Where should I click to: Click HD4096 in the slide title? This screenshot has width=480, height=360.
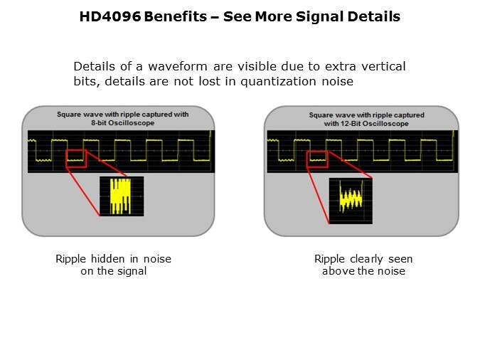[x=110, y=16]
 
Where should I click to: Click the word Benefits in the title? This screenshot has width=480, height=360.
[x=175, y=16]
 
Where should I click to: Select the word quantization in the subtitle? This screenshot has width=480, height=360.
[x=277, y=81]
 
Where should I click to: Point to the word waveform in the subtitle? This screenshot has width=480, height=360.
[x=178, y=66]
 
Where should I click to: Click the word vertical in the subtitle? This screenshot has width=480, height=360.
[x=383, y=66]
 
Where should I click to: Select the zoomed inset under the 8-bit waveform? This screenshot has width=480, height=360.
[x=122, y=196]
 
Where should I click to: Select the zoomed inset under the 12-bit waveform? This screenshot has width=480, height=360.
[x=351, y=201]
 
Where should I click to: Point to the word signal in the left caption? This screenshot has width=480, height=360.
[x=132, y=271]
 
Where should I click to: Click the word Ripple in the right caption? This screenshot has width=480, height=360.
[x=330, y=259]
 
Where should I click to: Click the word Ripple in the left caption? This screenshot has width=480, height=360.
[x=71, y=259]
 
